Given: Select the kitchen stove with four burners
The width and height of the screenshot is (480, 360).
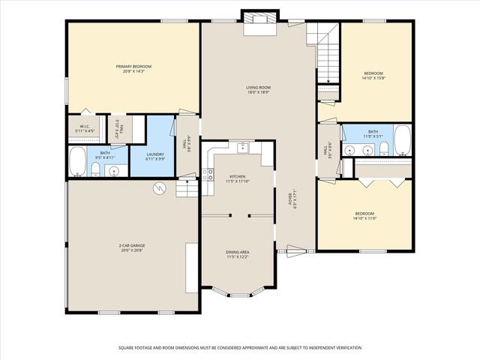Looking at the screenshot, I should [208, 175].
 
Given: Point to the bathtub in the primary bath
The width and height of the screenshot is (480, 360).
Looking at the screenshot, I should [77, 162].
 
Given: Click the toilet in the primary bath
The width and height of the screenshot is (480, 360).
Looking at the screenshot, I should [95, 169].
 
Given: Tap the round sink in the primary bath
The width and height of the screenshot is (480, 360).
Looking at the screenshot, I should [114, 171].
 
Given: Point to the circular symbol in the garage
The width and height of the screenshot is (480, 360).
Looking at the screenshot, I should [159, 188].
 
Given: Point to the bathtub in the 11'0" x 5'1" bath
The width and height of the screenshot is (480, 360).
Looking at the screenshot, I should [402, 140].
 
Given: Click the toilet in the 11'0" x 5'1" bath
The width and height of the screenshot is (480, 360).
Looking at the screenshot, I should [383, 149].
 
